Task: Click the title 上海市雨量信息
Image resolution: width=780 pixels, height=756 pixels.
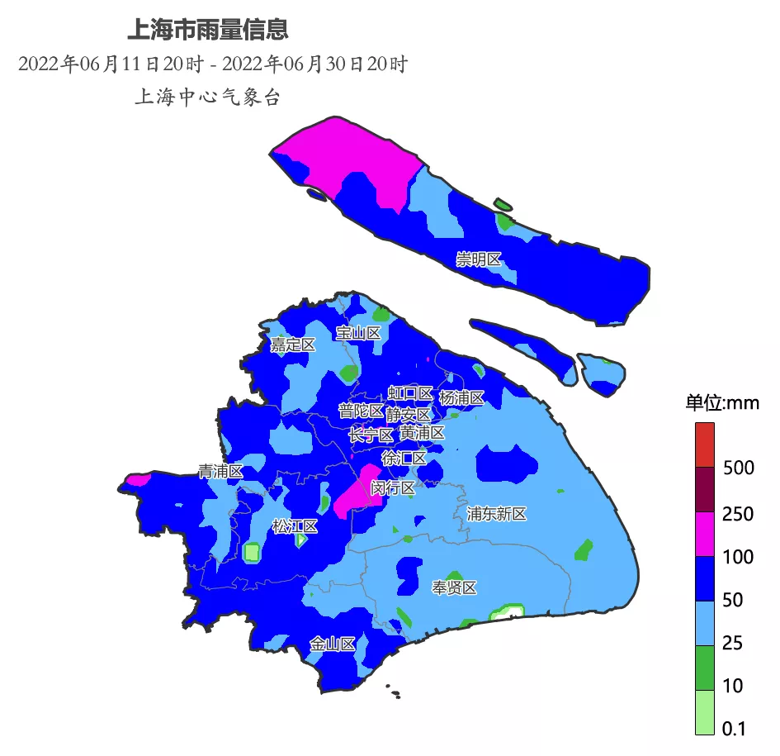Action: (207, 30)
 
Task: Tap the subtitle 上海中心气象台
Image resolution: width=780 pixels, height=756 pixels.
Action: (207, 97)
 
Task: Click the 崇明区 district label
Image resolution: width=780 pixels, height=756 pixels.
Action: (479, 260)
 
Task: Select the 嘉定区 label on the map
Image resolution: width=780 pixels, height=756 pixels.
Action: (293, 345)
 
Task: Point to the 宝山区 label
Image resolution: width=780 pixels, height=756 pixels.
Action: (358, 333)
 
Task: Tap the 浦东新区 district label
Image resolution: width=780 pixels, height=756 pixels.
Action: (496, 514)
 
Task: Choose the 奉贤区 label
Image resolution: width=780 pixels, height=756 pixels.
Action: (455, 587)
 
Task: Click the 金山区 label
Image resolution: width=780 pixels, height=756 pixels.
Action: (333, 644)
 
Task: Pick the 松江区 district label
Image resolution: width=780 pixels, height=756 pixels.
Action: (295, 526)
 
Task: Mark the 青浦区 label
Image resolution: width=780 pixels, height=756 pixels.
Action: (220, 472)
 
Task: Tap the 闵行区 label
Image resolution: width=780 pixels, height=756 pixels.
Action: (393, 487)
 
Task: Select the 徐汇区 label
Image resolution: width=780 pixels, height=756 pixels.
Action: (404, 458)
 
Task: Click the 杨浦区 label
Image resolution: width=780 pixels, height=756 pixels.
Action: (461, 397)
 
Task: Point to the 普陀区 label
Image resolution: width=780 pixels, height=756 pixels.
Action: (361, 411)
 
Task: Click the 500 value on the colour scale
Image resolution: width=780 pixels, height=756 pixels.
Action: (738, 468)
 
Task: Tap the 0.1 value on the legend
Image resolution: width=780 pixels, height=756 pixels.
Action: (733, 729)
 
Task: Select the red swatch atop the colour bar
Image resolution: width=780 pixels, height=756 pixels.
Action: (704, 445)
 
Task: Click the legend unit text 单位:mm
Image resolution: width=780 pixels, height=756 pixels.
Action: (722, 403)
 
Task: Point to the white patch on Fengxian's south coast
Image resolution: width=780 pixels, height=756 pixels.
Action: (508, 612)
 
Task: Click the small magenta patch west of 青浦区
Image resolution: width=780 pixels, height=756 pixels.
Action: (138, 478)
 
